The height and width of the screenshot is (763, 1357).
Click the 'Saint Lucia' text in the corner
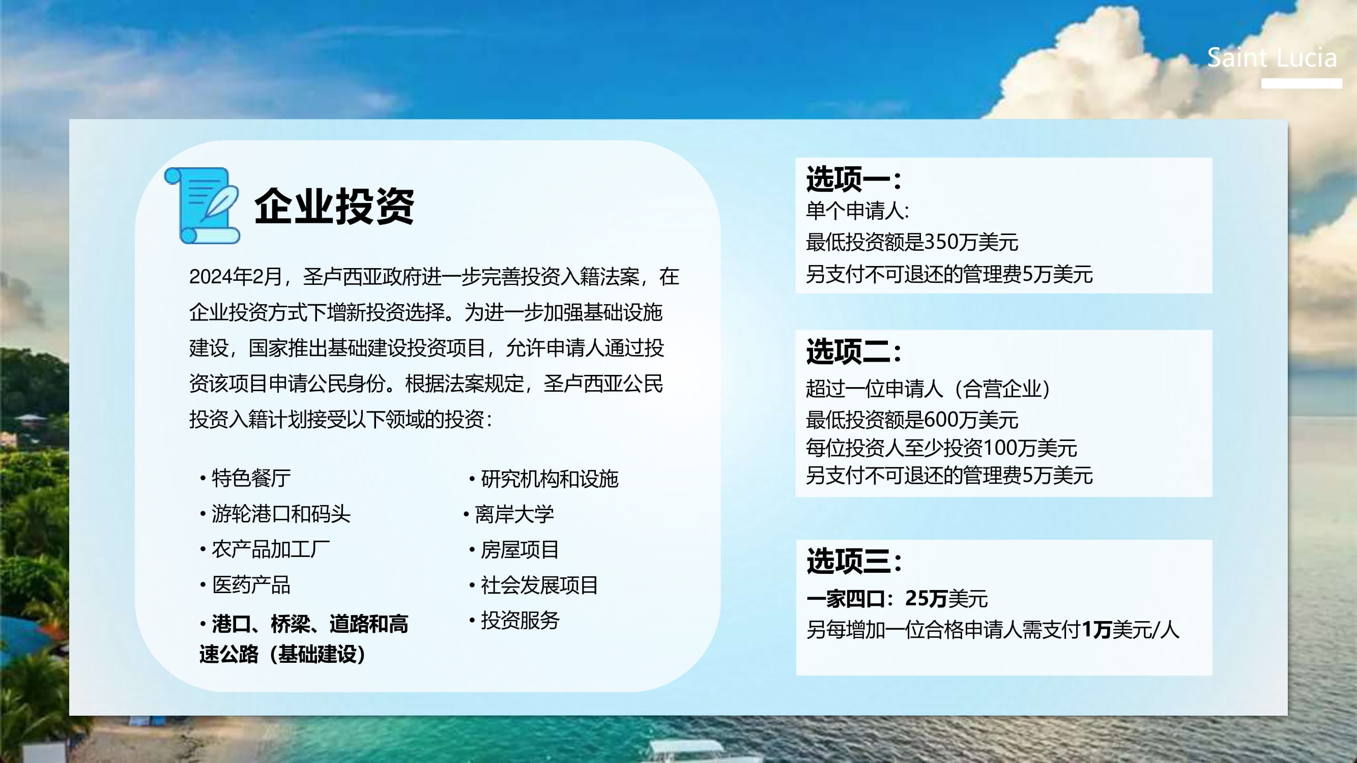pos(1272,57)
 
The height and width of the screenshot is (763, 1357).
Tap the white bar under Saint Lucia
pos(1301,83)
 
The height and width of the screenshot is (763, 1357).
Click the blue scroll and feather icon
pos(203,206)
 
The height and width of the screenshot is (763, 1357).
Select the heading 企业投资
pos(334,206)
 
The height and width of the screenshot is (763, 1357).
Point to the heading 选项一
pos(853,179)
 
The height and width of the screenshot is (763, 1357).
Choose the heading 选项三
pos(853,561)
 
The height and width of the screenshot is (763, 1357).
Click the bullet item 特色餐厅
pos(251,478)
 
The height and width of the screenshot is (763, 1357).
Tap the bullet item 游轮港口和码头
pos(281,514)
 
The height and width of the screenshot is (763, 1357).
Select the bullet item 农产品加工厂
pos(271,549)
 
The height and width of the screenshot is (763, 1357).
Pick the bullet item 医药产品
pos(251,585)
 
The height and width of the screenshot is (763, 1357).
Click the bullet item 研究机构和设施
pos(550,479)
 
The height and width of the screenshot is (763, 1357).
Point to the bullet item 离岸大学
pos(514,514)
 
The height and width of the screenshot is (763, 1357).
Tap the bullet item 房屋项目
pos(519,550)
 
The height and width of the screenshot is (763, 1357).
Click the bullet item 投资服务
pos(519,620)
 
